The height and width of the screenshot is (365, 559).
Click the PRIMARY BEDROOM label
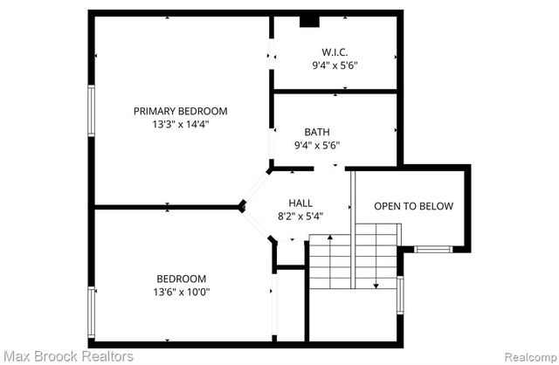180,111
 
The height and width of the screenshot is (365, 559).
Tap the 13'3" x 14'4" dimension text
180,124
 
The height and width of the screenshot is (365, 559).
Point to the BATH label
316,132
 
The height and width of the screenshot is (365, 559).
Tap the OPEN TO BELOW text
413,207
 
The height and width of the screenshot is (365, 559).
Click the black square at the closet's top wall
308,22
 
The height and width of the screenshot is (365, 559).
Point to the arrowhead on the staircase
376,285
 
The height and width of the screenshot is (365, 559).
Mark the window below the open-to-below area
432,249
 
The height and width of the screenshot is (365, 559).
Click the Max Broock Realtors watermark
67,355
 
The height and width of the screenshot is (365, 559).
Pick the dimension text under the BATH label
316,146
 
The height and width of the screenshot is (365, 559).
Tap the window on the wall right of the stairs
400,294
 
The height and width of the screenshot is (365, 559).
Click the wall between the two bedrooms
166,207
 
